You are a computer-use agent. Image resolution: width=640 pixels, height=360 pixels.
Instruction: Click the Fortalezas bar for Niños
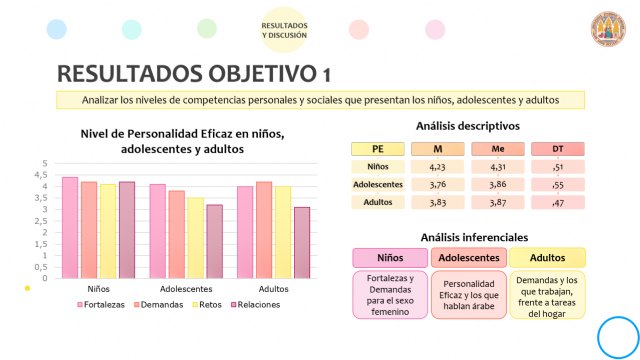[x=70, y=227]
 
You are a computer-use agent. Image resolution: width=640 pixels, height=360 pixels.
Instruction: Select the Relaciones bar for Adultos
[x=302, y=242]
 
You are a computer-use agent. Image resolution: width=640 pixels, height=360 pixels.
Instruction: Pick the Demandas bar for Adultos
[x=264, y=229]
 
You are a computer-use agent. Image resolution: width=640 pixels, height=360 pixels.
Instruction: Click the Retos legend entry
[x=206, y=304]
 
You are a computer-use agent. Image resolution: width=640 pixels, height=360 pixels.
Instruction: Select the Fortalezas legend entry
[x=100, y=304]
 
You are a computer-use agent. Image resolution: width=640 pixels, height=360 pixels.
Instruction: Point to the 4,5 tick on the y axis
[x=42, y=174]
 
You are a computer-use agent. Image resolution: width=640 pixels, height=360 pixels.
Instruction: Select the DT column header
[x=558, y=149]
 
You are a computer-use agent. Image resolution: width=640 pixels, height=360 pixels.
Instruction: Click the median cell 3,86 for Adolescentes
[x=498, y=184]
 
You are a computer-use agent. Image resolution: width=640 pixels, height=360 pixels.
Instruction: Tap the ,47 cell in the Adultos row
[x=558, y=202]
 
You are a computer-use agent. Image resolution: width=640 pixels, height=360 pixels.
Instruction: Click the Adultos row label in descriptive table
[x=378, y=202]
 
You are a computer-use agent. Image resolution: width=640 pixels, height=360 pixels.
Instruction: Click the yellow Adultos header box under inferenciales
[x=547, y=258]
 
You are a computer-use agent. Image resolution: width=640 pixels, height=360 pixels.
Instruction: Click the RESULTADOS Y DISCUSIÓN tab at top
[x=284, y=29]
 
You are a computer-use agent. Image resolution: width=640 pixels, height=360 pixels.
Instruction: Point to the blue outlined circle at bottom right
[x=618, y=336]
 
